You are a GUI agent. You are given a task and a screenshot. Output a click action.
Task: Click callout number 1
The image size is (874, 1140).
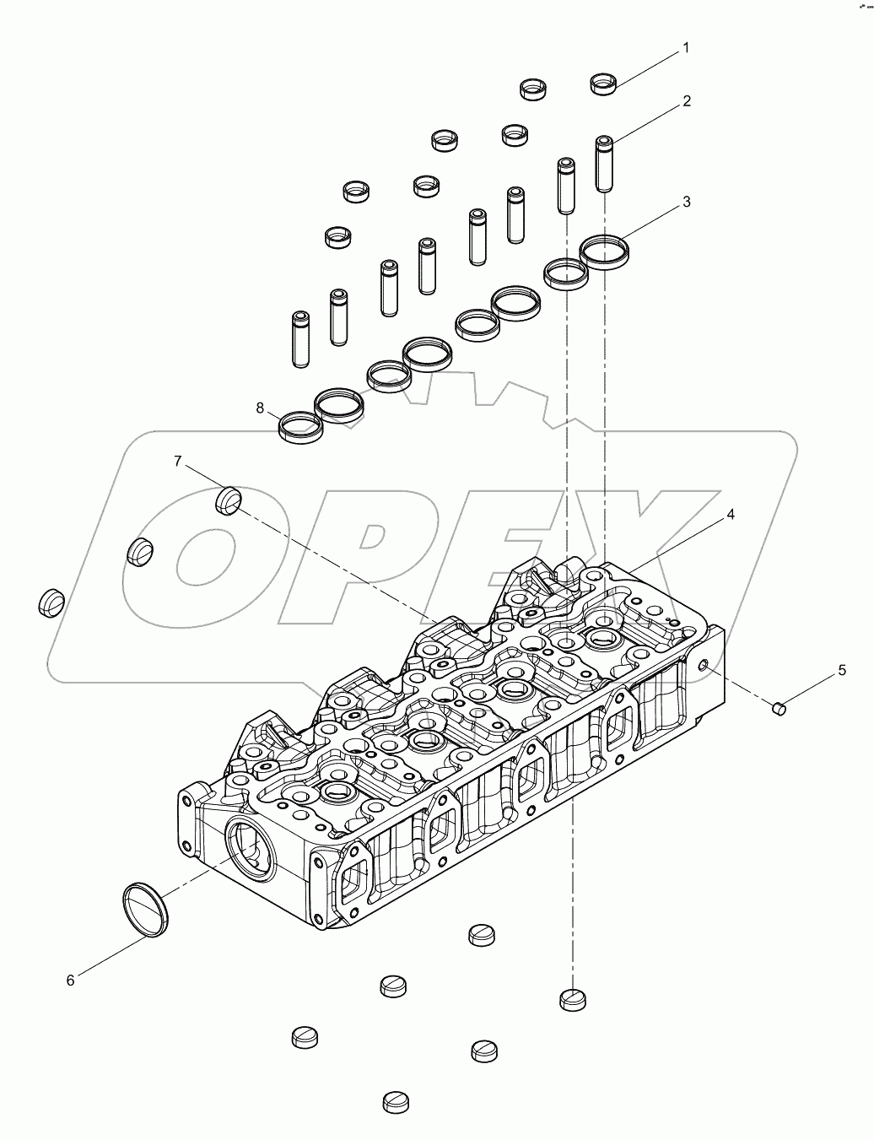pyautogui.click(x=686, y=48)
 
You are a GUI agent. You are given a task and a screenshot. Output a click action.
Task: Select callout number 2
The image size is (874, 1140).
pyautogui.click(x=687, y=101)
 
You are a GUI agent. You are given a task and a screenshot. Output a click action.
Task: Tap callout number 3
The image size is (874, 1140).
pyautogui.click(x=687, y=202)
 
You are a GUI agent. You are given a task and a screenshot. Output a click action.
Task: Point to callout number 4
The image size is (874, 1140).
pyautogui.click(x=731, y=514)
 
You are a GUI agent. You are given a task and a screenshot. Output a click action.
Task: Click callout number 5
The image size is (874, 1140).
pyautogui.click(x=841, y=671)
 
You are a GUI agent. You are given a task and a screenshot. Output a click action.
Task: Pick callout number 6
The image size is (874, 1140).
pyautogui.click(x=71, y=980)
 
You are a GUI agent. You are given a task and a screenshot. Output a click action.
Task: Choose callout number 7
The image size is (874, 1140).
pyautogui.click(x=178, y=461)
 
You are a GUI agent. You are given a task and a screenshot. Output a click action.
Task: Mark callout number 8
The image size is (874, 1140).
pyautogui.click(x=261, y=408)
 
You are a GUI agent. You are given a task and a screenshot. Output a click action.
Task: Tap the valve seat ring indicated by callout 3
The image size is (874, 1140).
pyautogui.click(x=606, y=251)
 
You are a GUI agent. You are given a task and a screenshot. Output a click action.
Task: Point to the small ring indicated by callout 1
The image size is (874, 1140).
pyautogui.click(x=602, y=84)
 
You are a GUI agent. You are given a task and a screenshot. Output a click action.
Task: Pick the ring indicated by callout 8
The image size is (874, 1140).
pyautogui.click(x=301, y=427)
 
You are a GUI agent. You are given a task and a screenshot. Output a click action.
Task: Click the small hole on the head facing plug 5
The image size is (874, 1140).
pyautogui.click(x=703, y=667)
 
